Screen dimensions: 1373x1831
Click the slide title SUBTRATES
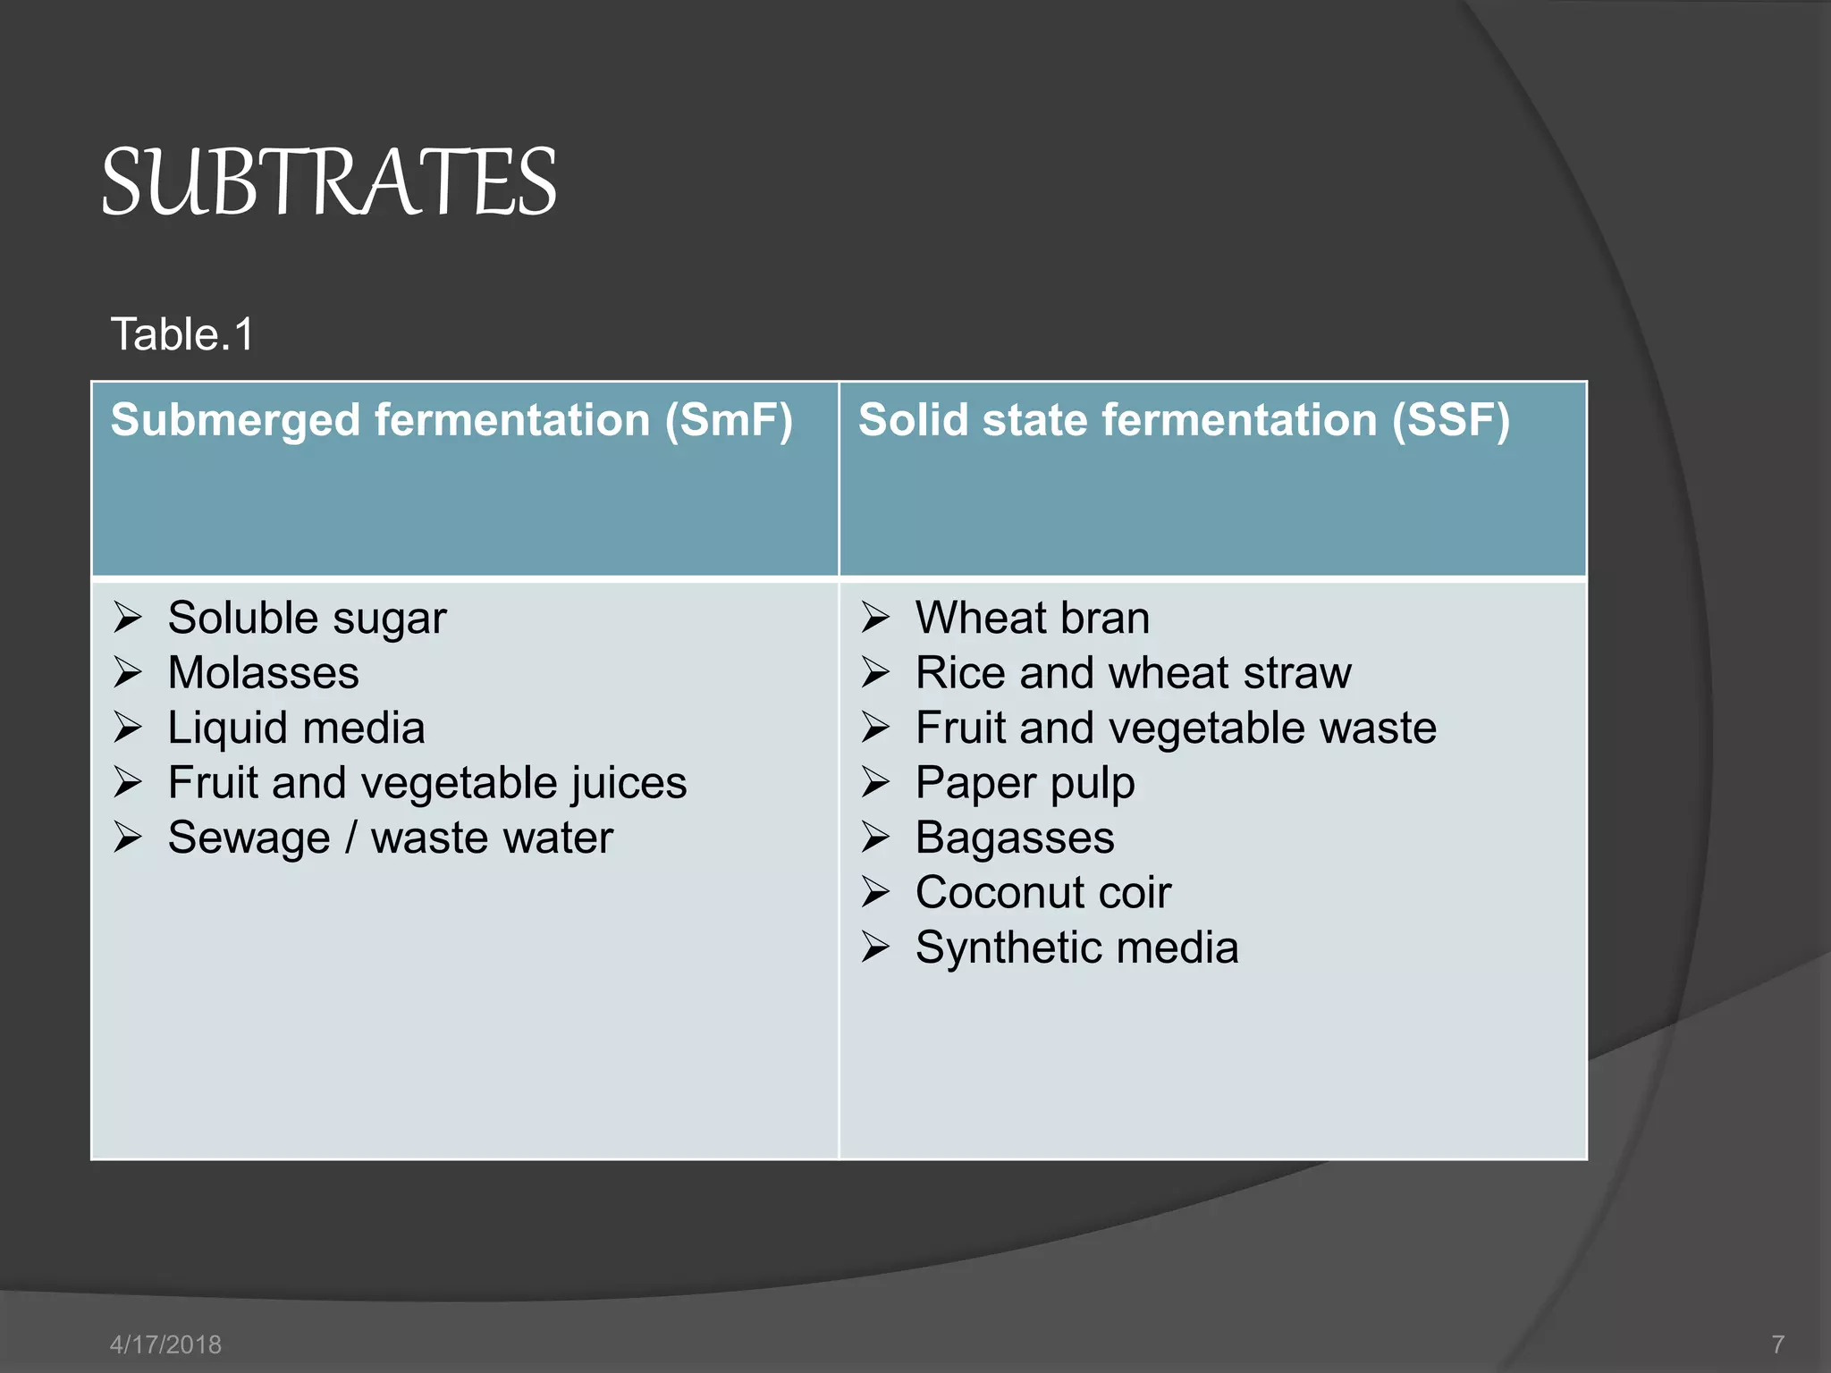(329, 183)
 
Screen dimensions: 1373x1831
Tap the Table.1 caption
(182, 335)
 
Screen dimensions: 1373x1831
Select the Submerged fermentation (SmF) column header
(451, 420)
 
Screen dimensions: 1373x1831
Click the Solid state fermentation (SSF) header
(1184, 420)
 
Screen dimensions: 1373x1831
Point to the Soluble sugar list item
(307, 619)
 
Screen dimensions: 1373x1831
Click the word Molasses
(263, 673)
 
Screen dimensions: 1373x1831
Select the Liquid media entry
(296, 728)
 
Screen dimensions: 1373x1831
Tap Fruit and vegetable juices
(427, 783)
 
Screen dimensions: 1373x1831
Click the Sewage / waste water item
(390, 838)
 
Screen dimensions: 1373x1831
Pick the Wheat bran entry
(1033, 619)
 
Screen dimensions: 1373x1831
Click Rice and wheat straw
(1133, 673)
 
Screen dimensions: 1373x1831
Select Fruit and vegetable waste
(1176, 728)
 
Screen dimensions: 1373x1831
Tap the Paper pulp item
(1025, 783)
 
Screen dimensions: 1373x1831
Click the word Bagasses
(1015, 838)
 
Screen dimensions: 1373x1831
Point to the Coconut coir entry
(1042, 893)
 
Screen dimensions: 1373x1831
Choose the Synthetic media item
(1076, 948)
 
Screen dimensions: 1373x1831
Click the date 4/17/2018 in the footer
(165, 1344)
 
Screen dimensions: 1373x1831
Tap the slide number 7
(1777, 1344)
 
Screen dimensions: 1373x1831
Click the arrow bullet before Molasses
(128, 673)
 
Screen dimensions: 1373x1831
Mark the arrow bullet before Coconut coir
(875, 893)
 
